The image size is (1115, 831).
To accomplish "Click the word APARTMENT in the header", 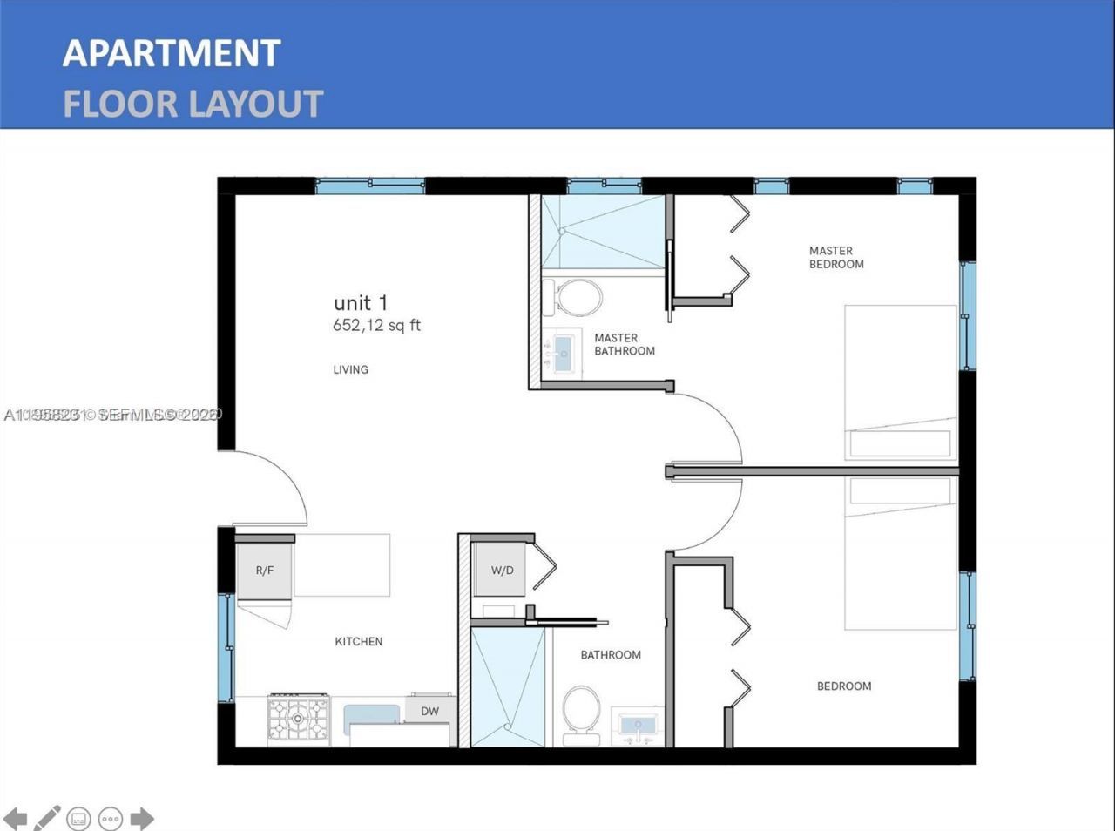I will (171, 53).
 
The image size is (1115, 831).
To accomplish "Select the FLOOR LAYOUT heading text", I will (193, 104).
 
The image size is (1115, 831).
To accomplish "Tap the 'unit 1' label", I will (360, 303).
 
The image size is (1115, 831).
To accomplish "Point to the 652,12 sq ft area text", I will (376, 326).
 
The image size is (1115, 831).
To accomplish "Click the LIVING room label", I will (350, 369).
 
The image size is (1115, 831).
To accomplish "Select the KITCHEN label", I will (358, 641).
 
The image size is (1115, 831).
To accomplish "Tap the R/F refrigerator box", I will (265, 571).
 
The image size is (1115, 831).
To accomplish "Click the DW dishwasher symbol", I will (429, 710).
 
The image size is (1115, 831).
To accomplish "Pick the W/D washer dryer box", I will (502, 571).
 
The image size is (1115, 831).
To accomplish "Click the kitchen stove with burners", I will (299, 720).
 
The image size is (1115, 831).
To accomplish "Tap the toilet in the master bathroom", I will (578, 298).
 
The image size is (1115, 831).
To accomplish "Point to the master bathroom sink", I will (562, 354).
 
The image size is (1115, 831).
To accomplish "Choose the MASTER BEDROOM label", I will (835, 257).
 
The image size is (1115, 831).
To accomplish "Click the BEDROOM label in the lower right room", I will (843, 686).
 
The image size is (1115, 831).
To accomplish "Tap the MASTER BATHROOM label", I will (624, 344).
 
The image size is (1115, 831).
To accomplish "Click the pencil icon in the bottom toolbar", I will (47, 818).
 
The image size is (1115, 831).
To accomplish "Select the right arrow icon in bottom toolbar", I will (142, 818).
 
